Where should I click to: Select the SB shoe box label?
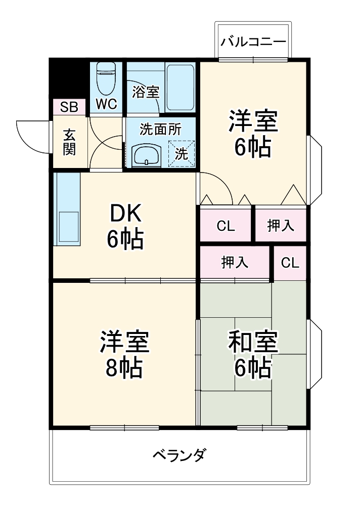pyautogui.click(x=69, y=107)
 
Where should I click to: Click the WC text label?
pyautogui.click(x=107, y=104)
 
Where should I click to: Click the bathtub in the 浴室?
pyautogui.click(x=181, y=87)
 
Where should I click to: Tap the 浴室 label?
pyautogui.click(x=146, y=92)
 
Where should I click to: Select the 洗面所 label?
pyautogui.click(x=160, y=129)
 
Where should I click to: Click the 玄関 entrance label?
pyautogui.click(x=69, y=142)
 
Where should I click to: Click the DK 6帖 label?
pyautogui.click(x=124, y=227)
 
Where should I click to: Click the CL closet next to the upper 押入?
pyautogui.click(x=226, y=226)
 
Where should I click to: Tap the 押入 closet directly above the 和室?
pyautogui.click(x=235, y=263)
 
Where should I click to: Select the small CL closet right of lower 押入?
pyautogui.click(x=290, y=263)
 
